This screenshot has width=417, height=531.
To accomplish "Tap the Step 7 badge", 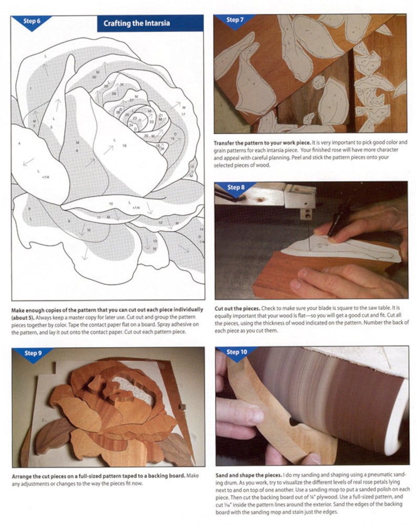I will (234, 20).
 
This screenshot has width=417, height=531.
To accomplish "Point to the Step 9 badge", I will (32, 353).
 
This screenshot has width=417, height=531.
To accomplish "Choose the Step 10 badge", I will (236, 352).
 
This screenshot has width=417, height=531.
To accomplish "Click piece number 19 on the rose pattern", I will (124, 145).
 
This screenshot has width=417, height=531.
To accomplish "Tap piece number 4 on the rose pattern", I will (19, 143).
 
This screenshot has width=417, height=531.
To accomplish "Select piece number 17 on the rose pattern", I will (183, 114).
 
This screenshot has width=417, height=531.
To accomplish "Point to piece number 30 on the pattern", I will (94, 77).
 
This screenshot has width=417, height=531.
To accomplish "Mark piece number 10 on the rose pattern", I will (111, 203).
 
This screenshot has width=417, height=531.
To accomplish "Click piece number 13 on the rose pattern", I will (154, 241).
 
